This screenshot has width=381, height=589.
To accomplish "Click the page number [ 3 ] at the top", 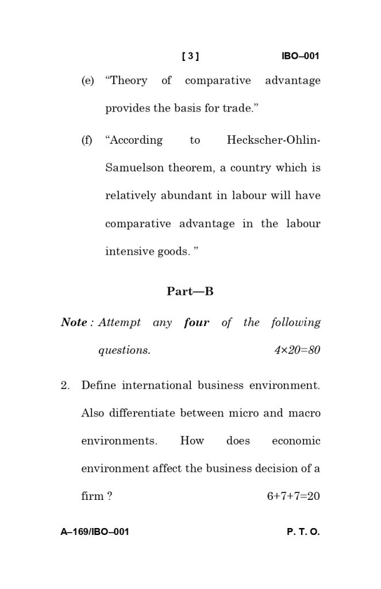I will tap(190, 56).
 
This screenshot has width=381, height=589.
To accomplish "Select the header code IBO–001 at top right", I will tap(300, 56).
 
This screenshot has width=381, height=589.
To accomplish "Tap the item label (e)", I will tap(87, 81).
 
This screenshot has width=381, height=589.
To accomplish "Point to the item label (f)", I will tap(87, 140).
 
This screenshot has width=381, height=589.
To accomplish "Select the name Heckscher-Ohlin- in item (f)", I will tap(274, 140).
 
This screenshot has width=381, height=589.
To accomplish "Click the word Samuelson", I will tap(134, 168).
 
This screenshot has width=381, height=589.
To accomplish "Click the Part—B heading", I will tap(190, 292).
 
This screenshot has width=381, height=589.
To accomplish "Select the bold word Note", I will tap(74, 323).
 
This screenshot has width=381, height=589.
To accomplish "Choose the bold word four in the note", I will tap(197, 323).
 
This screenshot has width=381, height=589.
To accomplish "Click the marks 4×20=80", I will tap(297, 350).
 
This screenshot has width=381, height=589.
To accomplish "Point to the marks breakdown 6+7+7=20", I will tap(293, 496).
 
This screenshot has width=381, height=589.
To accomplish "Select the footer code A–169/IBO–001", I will tap(95, 532).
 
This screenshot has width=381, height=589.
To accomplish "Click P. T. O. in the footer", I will tap(303, 532).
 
